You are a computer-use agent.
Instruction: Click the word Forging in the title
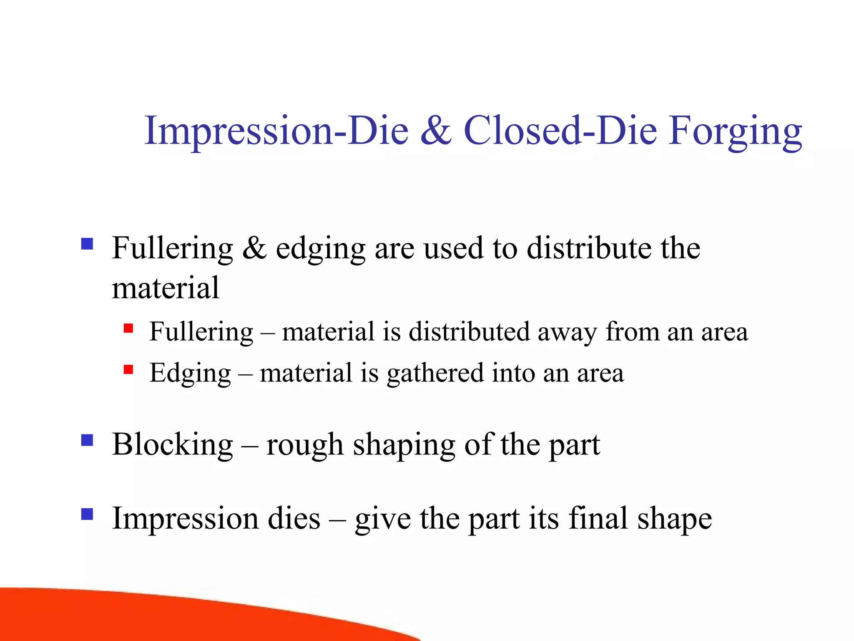[x=735, y=131]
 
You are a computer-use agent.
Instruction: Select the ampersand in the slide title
[x=436, y=131]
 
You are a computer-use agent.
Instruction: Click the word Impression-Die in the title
[x=276, y=131]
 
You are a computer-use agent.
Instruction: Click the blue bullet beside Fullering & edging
[x=87, y=244]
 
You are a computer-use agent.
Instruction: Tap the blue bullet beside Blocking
[x=87, y=440]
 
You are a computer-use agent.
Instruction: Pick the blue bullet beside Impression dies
[x=87, y=514]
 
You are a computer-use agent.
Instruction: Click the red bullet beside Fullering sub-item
[x=128, y=328]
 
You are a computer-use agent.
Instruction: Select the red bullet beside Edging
[x=128, y=369]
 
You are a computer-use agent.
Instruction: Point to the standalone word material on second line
[x=166, y=288]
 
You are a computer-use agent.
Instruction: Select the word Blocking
[x=172, y=445]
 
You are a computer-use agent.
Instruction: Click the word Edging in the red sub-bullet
[x=190, y=373]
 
